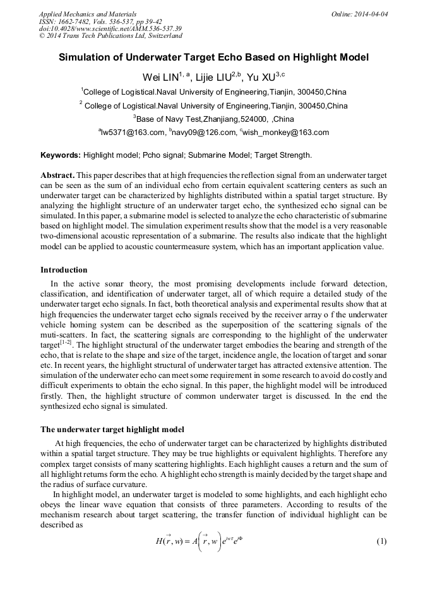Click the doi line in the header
110,29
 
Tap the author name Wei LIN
160,77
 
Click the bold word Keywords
60,155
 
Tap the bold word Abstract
58,173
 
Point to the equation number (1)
381,542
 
